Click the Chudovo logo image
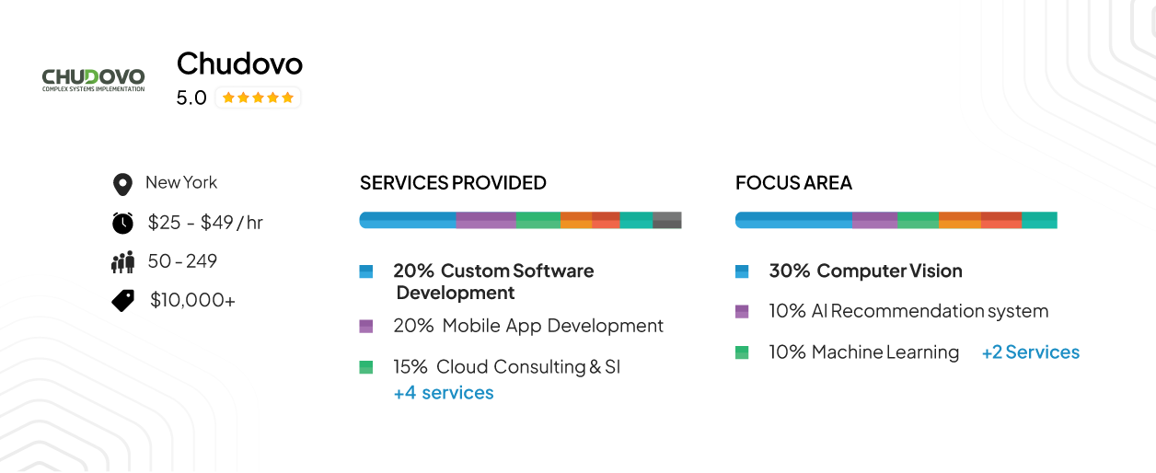[93, 80]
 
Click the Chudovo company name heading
[239, 63]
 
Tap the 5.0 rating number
[191, 98]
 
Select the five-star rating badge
[258, 98]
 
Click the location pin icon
[122, 184]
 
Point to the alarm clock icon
[122, 223]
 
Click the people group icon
[122, 262]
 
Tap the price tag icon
[122, 300]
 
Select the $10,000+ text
[192, 300]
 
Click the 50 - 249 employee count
[182, 261]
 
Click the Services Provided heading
[453, 182]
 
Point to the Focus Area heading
[793, 182]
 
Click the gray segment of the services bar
[666, 220]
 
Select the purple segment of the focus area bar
[874, 220]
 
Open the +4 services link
[444, 393]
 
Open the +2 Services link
[1031, 352]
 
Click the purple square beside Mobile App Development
[366, 326]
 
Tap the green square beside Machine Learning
[742, 352]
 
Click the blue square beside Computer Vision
[742, 271]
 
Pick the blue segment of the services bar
[408, 220]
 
